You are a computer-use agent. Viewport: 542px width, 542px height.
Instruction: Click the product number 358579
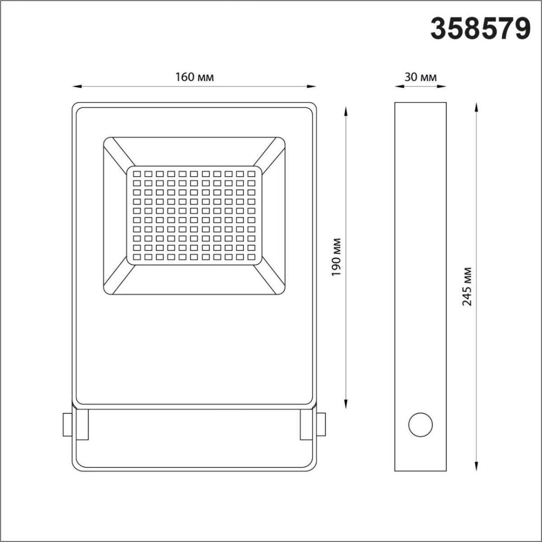(x=480, y=29)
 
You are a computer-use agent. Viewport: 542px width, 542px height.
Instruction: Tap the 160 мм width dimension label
(x=194, y=77)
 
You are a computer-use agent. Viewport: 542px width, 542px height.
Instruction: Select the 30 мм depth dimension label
(x=420, y=77)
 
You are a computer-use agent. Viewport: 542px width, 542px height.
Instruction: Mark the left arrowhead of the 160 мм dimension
(x=76, y=85)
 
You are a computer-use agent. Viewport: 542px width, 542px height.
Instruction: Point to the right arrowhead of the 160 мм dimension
(x=312, y=85)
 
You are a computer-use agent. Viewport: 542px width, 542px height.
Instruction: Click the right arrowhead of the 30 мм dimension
(x=443, y=85)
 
